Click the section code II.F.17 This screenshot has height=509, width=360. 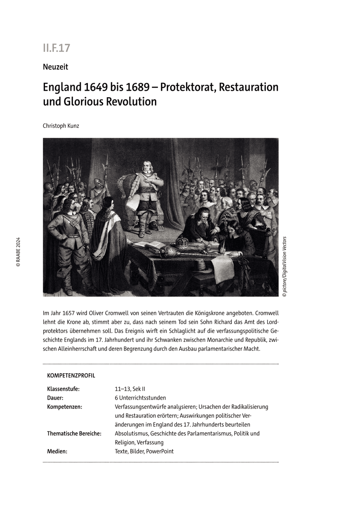[x=56, y=48]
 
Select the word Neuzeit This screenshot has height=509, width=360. [x=55, y=67]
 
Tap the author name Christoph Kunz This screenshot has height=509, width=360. [x=61, y=126]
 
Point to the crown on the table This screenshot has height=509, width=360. [x=183, y=242]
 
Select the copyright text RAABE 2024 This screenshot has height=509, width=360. [x=18, y=252]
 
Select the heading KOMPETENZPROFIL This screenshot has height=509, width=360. [x=71, y=375]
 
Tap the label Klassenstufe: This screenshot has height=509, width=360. [x=63, y=389]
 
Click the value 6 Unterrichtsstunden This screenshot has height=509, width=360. [x=140, y=398]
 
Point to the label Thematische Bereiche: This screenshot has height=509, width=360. [x=74, y=433]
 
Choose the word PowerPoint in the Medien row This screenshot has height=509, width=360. [x=160, y=451]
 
